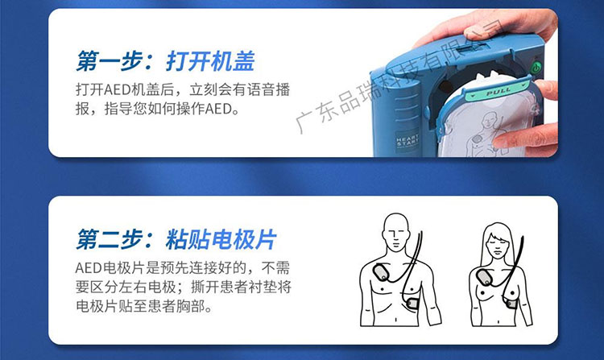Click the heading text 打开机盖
pyautogui.click(x=210, y=61)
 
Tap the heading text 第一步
pyautogui.click(x=109, y=61)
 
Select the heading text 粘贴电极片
pyautogui.click(x=221, y=239)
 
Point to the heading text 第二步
pyautogui.click(x=109, y=239)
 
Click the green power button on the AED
pyautogui.click(x=536, y=68)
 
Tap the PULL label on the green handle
pyautogui.click(x=499, y=92)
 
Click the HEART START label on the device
pyautogui.click(x=407, y=140)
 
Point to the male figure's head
pyautogui.click(x=396, y=232)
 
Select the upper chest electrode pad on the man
pyautogui.click(x=382, y=272)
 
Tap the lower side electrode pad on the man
pyautogui.click(x=412, y=304)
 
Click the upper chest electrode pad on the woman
pyautogui.click(x=485, y=277)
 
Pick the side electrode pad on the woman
pyautogui.click(x=511, y=304)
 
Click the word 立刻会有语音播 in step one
pyautogui.click(x=239, y=89)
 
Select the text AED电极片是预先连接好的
pyautogui.click(x=160, y=267)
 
